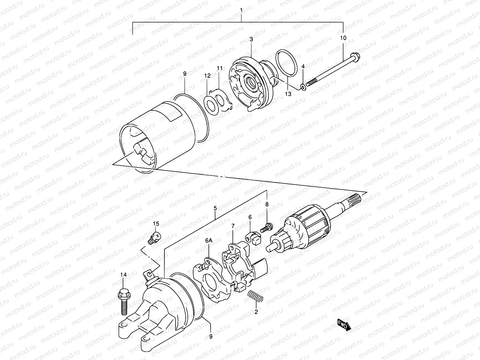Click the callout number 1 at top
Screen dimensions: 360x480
tap(241, 10)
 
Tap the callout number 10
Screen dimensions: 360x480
tap(343, 38)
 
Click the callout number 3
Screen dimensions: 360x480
tap(251, 39)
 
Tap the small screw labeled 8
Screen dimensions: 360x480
tap(266, 227)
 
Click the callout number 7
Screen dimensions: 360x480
tap(232, 225)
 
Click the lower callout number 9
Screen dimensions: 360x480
tap(211, 337)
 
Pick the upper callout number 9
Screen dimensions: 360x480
tap(185, 73)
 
